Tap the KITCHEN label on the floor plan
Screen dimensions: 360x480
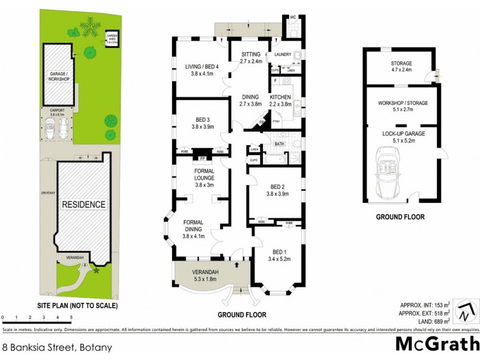(x=280, y=97)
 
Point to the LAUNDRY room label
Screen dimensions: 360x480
(x=283, y=55)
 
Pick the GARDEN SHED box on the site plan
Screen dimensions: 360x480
(x=112, y=38)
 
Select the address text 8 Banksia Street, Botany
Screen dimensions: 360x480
(x=57, y=347)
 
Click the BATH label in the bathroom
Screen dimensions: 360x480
(x=278, y=144)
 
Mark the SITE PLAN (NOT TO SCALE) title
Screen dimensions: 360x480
(x=78, y=305)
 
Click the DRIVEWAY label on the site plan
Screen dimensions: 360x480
(x=47, y=193)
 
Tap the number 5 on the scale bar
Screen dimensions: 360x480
(x=71, y=316)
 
